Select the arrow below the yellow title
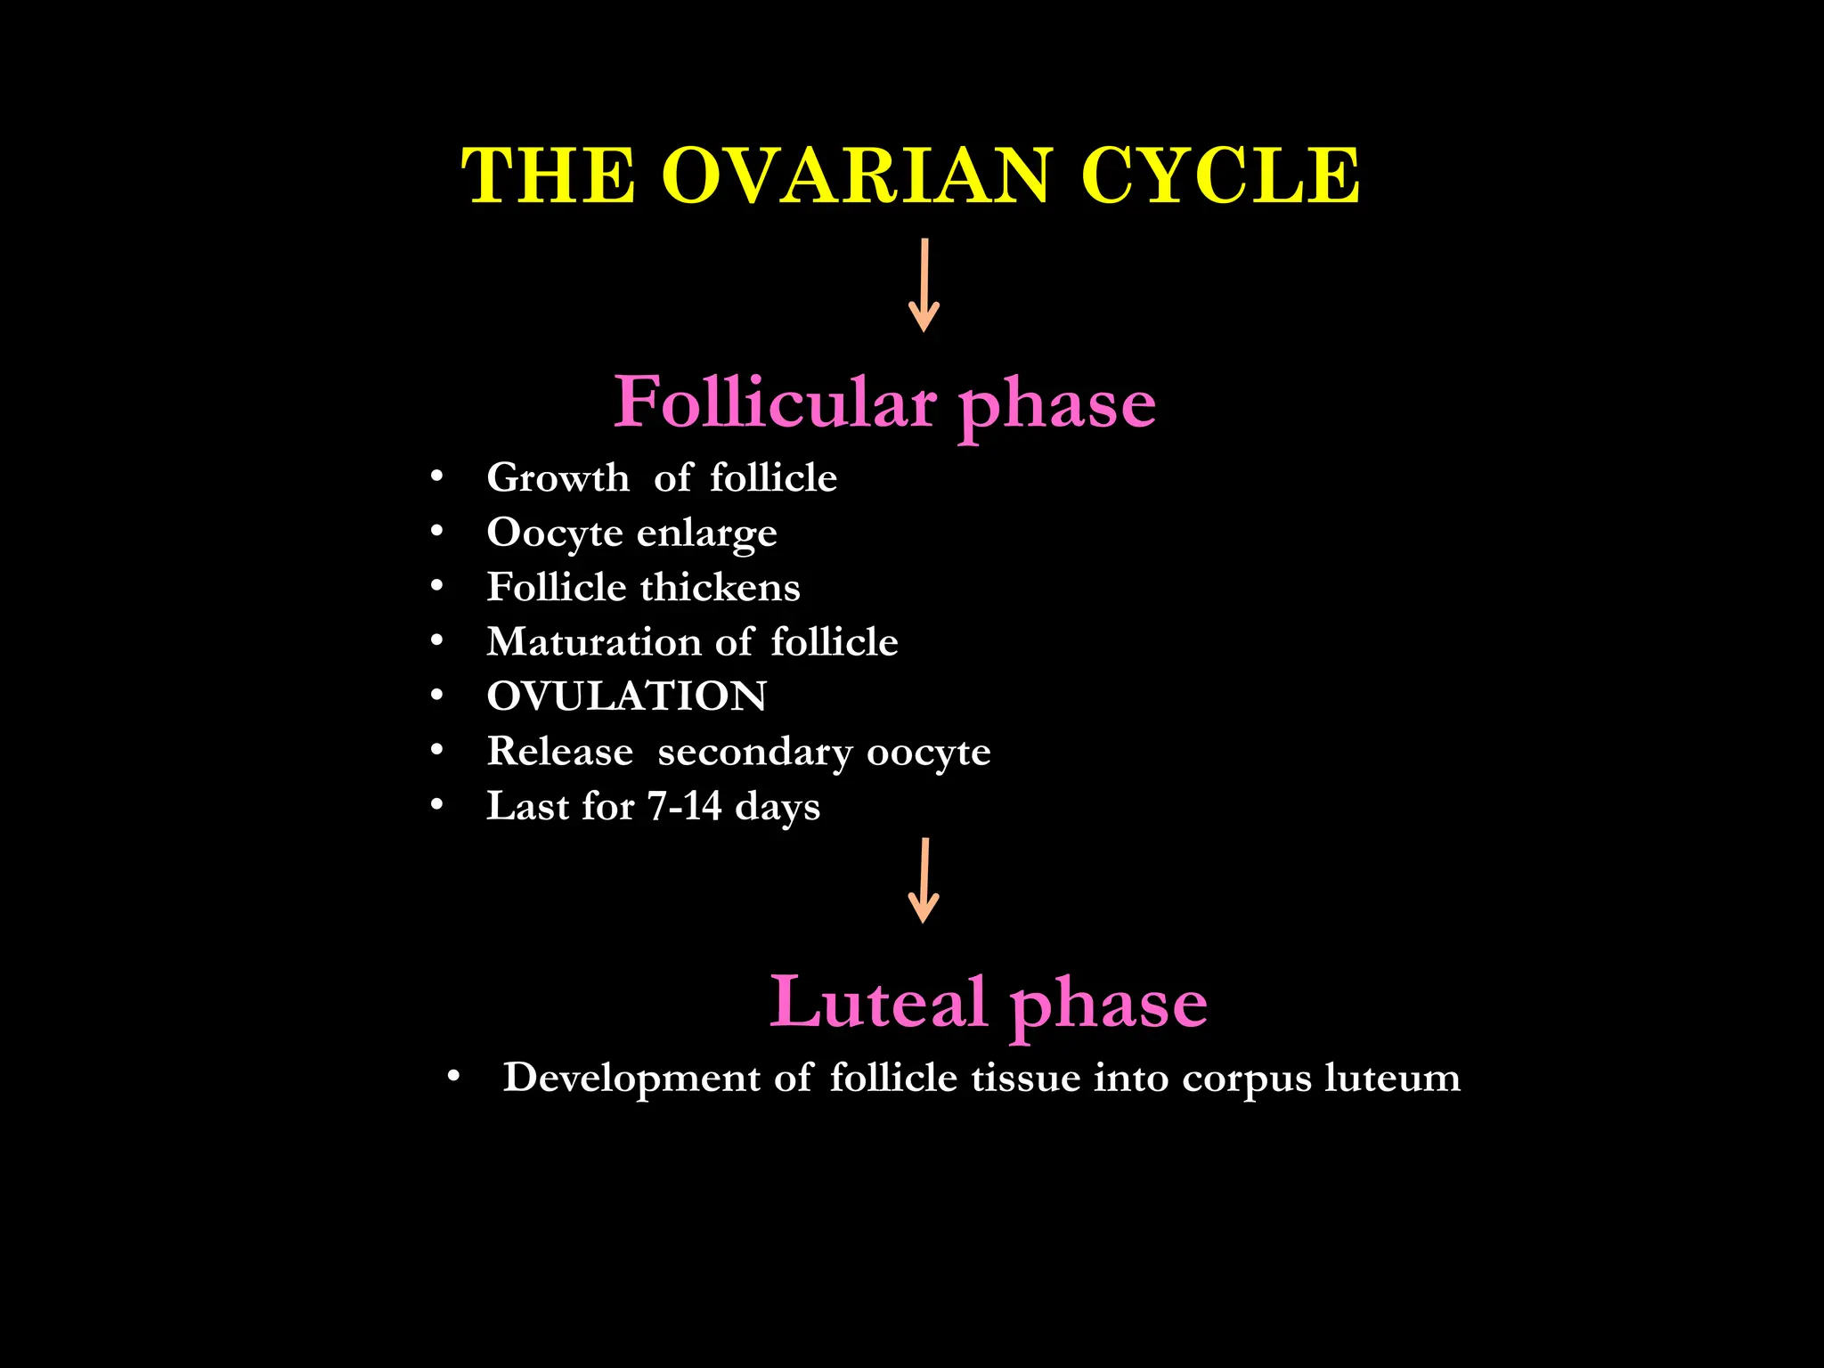click(924, 285)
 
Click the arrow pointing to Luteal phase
click(924, 880)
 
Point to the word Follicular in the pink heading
click(775, 403)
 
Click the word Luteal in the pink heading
click(877, 1002)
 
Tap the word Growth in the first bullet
click(558, 478)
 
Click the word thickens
click(720, 588)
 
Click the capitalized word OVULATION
click(626, 696)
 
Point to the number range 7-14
click(684, 806)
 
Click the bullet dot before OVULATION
click(436, 696)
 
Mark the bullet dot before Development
click(453, 1077)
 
